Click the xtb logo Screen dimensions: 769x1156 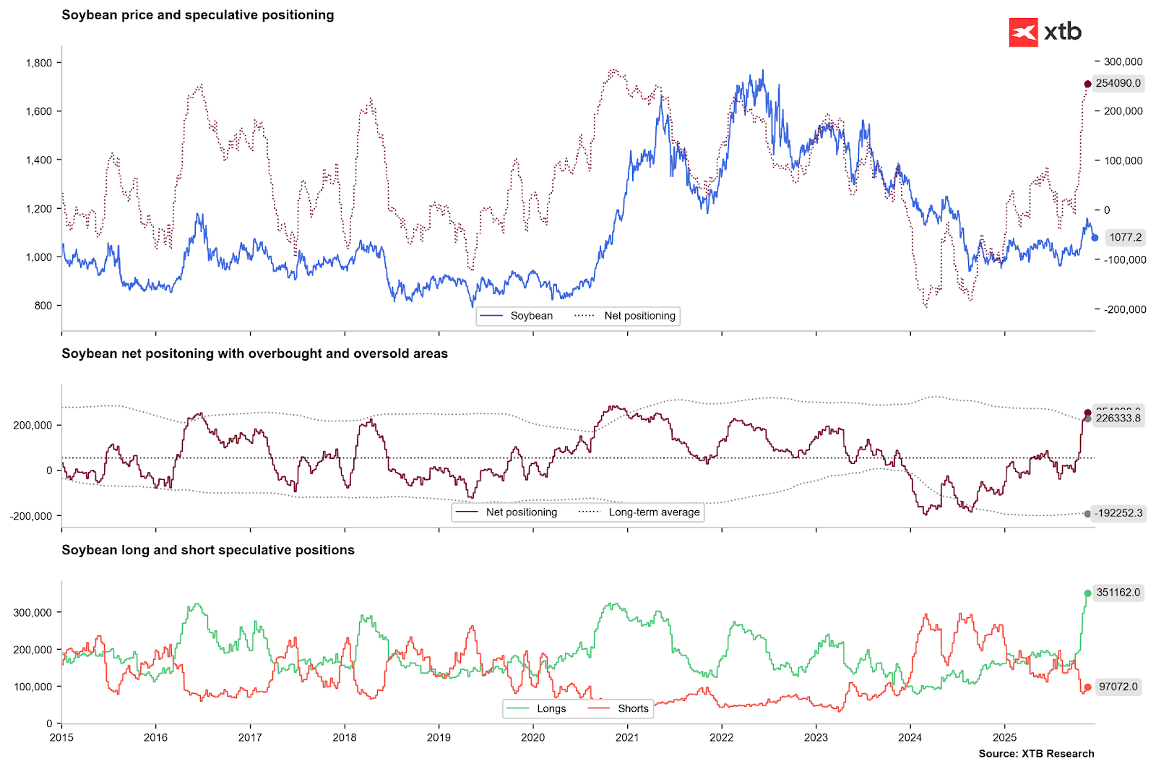[1045, 33]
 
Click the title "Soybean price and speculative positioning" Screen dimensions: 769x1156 [197, 15]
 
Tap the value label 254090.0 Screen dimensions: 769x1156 [1118, 83]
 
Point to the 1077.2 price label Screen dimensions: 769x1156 [1125, 237]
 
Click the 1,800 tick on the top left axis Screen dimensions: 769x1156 [39, 63]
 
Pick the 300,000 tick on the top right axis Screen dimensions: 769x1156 [1123, 62]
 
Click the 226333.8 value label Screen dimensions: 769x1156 [1118, 418]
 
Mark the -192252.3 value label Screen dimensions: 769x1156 [1118, 513]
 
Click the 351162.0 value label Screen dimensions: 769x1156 [1118, 593]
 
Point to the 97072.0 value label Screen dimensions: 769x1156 [1118, 687]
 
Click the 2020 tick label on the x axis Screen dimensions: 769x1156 [533, 738]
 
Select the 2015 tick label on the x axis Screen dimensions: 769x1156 [61, 738]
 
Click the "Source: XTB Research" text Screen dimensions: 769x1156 [1036, 754]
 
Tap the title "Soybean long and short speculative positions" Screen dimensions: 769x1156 [208, 550]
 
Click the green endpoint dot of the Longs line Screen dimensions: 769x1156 [1088, 593]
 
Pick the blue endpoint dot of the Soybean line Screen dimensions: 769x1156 [1095, 238]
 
